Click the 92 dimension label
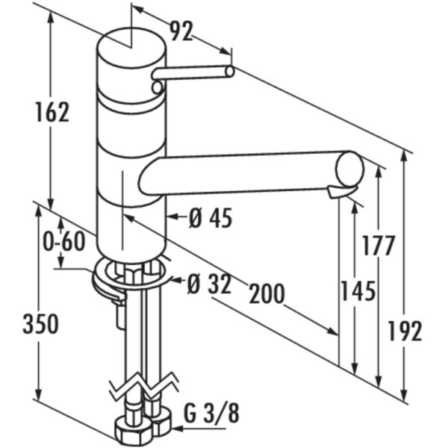[x=181, y=31]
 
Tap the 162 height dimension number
[x=52, y=112]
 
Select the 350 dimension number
[x=40, y=324]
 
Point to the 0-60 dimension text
[x=64, y=241]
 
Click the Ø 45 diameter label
[x=211, y=218]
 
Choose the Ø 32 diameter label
[x=209, y=284]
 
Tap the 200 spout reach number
[x=267, y=293]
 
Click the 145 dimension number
[x=358, y=291]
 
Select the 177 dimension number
[x=379, y=246]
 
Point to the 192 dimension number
[x=405, y=331]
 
